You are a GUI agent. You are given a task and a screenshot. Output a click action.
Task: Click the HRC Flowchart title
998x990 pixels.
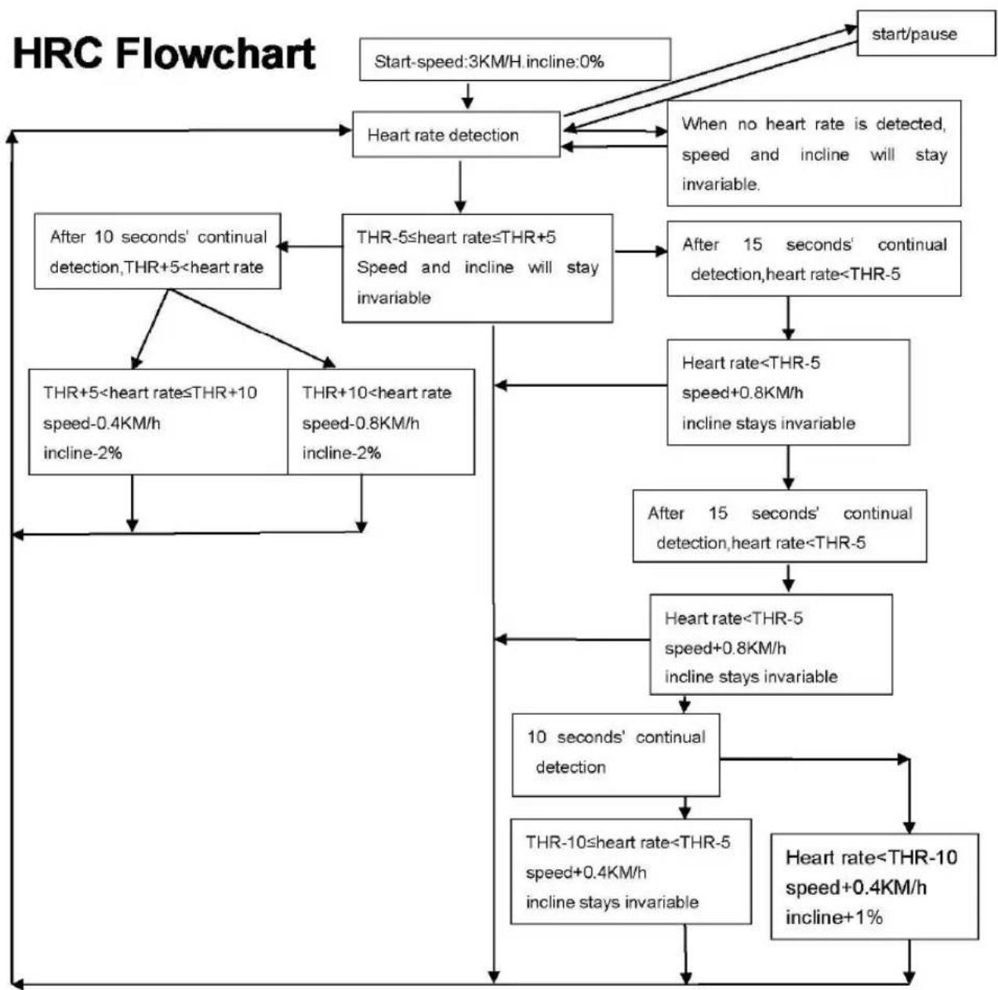click(x=164, y=54)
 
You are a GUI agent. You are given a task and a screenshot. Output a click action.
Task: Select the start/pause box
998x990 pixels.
click(x=926, y=33)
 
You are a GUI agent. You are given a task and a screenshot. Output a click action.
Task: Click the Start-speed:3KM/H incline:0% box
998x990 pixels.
click(x=515, y=60)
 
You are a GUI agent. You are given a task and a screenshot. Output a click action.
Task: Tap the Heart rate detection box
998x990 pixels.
click(x=456, y=134)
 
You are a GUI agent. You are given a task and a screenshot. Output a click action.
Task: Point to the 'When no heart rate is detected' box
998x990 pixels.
click(x=814, y=154)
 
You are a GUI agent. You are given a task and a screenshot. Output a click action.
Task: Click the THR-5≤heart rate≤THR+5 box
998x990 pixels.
click(x=477, y=268)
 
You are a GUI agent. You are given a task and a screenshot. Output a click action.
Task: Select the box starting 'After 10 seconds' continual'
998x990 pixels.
click(x=158, y=251)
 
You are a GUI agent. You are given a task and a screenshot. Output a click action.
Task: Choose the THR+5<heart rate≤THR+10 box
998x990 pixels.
click(x=158, y=422)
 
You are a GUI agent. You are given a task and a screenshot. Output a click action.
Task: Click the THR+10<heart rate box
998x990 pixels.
click(x=381, y=422)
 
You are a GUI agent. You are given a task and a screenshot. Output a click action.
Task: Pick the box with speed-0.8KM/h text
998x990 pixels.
click(x=381, y=422)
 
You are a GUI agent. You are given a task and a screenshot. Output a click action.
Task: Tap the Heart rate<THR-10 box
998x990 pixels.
click(x=875, y=886)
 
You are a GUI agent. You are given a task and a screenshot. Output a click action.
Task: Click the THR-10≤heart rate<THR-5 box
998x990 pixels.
click(x=631, y=872)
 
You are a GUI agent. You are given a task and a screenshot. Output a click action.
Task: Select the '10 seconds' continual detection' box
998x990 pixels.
click(x=615, y=755)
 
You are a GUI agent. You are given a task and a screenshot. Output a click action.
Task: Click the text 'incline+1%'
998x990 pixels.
click(x=834, y=918)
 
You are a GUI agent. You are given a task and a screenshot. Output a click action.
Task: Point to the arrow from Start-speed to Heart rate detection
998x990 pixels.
click(x=468, y=96)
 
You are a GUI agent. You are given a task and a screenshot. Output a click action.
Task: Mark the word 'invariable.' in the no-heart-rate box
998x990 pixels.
click(x=720, y=184)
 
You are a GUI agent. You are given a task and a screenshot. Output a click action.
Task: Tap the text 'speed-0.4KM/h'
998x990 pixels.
click(x=101, y=424)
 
